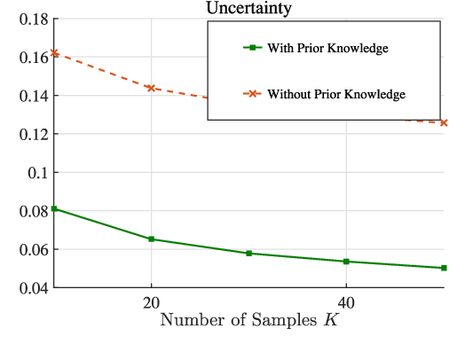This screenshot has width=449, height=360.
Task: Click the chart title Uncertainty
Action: tap(248, 8)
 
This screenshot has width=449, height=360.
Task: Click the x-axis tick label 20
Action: tap(151, 301)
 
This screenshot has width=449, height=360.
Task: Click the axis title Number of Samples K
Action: tap(248, 320)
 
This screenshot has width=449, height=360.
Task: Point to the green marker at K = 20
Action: tap(151, 239)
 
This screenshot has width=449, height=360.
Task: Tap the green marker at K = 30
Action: tap(248, 254)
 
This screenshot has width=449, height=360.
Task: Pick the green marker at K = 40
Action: tap(346, 262)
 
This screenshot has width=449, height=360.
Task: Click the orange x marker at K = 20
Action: tap(151, 89)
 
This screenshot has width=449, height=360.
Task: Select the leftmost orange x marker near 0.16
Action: tap(54, 53)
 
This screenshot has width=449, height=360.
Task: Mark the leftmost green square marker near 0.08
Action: tap(54, 208)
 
